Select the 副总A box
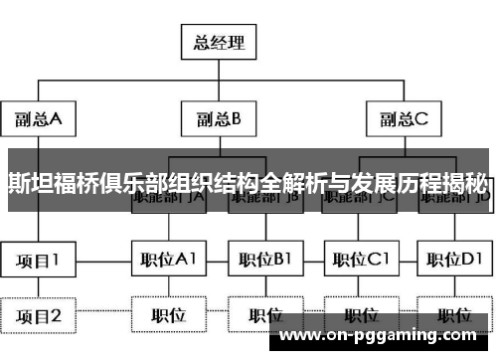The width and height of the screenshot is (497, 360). (x=37, y=120)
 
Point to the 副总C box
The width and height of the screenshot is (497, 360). (x=405, y=120)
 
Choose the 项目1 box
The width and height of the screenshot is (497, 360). (x=37, y=262)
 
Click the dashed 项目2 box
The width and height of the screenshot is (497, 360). (x=37, y=316)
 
